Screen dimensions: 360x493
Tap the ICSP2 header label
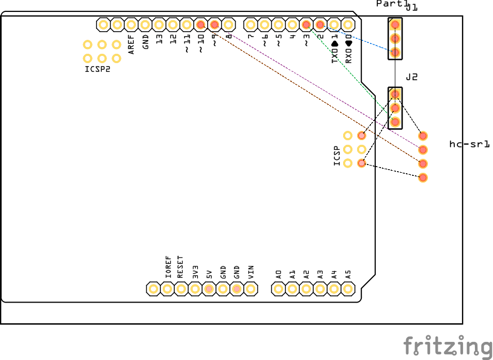(98, 69)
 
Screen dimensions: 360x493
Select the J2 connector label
(412, 77)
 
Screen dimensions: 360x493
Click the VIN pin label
(251, 272)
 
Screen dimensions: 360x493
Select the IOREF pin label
(167, 267)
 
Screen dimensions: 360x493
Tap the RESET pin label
(180, 267)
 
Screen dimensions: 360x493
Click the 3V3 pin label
(195, 272)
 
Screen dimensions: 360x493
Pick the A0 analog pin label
(279, 274)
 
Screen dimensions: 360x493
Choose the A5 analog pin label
(348, 274)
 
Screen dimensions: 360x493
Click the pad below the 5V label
(209, 289)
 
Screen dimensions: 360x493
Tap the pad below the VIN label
(251, 289)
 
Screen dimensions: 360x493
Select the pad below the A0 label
(279, 289)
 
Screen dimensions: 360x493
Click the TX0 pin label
(334, 52)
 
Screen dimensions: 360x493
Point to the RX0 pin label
(348, 52)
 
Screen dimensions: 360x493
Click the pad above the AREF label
(131, 24)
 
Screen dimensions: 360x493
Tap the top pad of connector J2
(395, 94)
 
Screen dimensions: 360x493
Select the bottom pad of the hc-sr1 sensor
(423, 178)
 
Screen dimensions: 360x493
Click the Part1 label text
(391, 4)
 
